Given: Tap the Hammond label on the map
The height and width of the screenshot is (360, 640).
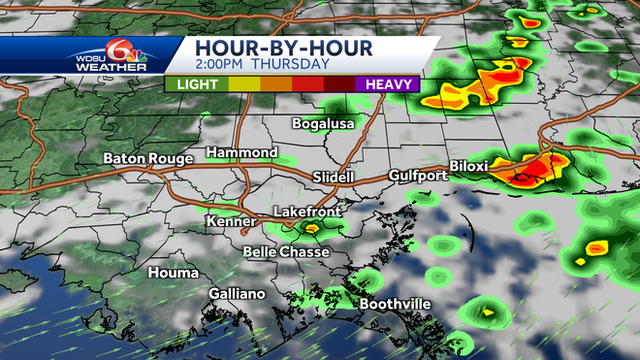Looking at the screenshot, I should [x=241, y=153].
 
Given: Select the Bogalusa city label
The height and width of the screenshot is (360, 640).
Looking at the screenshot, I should [x=324, y=123].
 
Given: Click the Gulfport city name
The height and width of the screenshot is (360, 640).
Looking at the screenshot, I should [x=417, y=176].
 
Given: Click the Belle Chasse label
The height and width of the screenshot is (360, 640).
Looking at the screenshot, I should [x=286, y=251].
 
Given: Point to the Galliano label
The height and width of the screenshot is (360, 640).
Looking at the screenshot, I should [x=237, y=293].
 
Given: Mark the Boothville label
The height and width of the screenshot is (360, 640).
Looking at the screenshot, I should [x=396, y=304].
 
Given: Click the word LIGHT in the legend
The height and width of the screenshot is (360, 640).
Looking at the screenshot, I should [x=198, y=84].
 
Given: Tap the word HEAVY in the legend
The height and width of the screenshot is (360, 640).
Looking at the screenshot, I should [x=390, y=84].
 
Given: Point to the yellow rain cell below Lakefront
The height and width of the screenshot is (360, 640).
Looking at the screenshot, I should [x=312, y=229].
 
